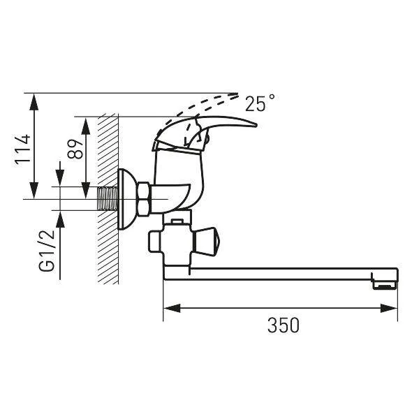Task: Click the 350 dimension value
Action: pos(284,325)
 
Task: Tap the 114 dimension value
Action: pos(23,150)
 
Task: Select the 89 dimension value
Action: pos(75,149)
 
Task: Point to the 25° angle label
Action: pos(260,103)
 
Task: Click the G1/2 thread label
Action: pos(47,250)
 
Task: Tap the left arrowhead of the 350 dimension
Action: pos(172,308)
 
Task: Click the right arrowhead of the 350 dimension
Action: pos(389,308)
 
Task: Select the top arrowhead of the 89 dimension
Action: pos(85,126)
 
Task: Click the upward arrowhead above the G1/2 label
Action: pos(60,219)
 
